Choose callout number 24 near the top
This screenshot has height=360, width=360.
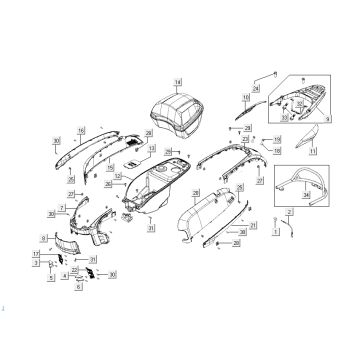point(256,89)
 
